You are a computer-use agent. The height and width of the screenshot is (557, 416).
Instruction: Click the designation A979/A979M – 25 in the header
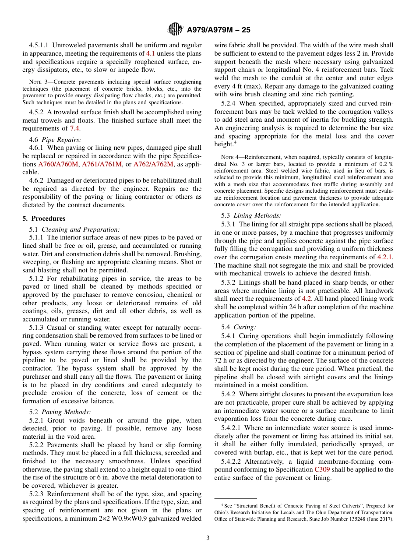pyautogui.click(x=219, y=30)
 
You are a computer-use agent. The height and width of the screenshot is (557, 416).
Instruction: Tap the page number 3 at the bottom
pyautogui.click(x=208, y=538)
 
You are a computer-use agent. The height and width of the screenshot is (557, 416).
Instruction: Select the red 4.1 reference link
pyautogui.click(x=150, y=53)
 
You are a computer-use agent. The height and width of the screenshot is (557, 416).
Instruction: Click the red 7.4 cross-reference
pyautogui.click(x=75, y=128)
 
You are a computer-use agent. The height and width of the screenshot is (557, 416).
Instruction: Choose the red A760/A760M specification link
pyautogui.click(x=58, y=164)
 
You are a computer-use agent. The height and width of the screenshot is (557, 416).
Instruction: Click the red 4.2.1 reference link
pyautogui.click(x=385, y=257)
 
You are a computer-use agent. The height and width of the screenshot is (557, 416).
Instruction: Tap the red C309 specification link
pyautogui.click(x=322, y=469)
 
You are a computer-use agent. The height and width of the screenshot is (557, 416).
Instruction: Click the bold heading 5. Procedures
pyautogui.click(x=44, y=219)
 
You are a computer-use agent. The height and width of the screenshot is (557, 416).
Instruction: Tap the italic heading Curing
pyautogui.click(x=245, y=327)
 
